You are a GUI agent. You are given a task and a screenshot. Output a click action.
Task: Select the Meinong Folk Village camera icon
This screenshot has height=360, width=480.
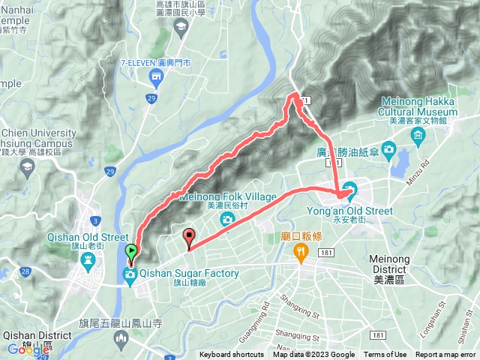click(226, 219)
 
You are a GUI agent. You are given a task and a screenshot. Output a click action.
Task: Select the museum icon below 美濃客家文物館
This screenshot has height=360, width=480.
click(418, 133)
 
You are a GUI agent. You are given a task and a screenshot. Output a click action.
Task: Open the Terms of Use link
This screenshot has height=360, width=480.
click(385, 355)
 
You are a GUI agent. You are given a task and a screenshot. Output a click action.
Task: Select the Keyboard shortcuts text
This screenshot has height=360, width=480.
click(232, 355)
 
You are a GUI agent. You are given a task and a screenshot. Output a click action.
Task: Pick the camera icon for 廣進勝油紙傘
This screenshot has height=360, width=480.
click(388, 151)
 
